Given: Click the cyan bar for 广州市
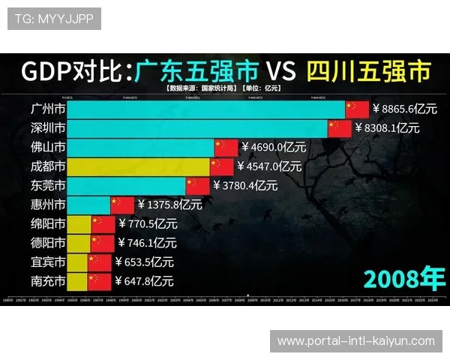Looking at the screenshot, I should (206, 109).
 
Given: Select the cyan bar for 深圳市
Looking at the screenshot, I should (198, 128).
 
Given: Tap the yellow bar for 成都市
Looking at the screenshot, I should (139, 166).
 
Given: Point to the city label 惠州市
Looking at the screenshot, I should (43, 204).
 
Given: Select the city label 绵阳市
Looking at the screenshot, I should (43, 223).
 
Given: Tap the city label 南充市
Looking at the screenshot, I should (43, 281).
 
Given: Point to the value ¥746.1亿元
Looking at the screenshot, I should (147, 242).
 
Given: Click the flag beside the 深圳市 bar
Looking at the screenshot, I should (340, 128).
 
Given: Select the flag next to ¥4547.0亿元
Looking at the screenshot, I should (221, 166).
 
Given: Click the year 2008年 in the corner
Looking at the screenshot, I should (403, 277).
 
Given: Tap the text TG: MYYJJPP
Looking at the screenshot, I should (54, 18).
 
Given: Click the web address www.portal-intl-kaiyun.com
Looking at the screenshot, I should (356, 341).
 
